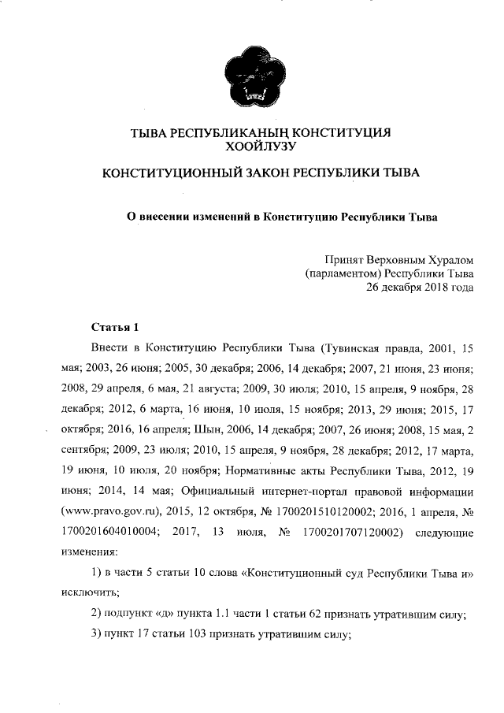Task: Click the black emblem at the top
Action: click(x=251, y=76)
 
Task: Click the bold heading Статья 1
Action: click(x=115, y=326)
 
